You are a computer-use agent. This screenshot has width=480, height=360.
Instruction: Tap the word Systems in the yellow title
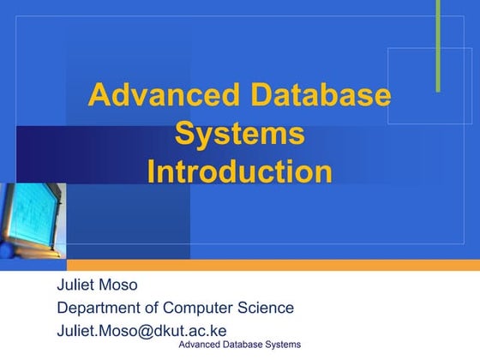coord(239,134)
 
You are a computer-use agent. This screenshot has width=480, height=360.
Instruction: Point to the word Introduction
coord(239,171)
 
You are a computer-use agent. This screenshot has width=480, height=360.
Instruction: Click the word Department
coord(98,309)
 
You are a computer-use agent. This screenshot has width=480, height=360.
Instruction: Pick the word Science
coord(267,309)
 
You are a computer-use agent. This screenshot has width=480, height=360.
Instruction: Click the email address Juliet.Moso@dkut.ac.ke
coord(141,331)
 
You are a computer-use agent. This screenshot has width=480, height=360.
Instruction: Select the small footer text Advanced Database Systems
coord(239,345)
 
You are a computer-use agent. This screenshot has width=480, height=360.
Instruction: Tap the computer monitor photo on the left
coord(32,219)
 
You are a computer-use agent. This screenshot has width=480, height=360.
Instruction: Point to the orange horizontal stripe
coord(274,265)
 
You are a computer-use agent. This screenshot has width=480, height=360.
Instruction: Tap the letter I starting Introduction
coord(151,171)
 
